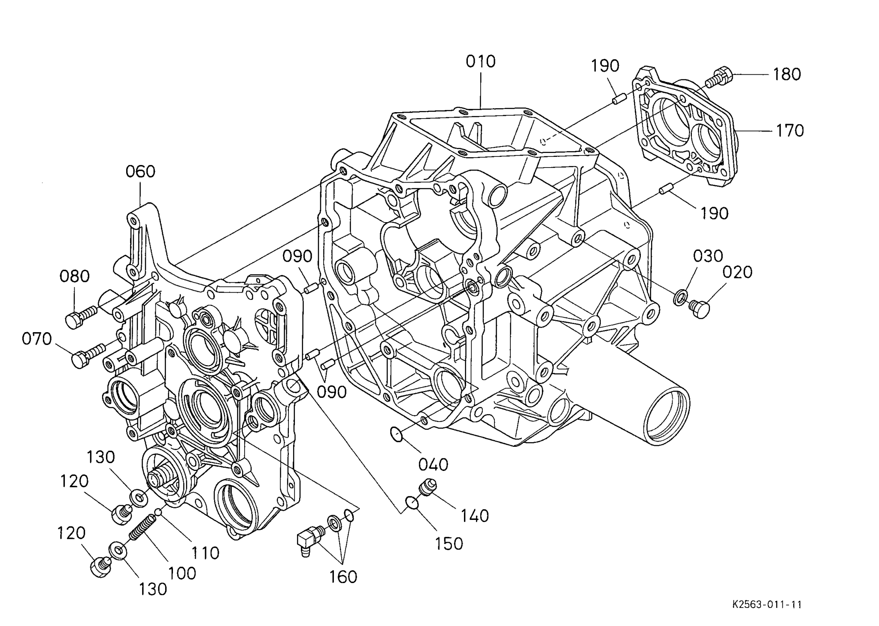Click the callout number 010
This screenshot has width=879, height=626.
click(x=481, y=62)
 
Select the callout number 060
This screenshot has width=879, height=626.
click(x=140, y=172)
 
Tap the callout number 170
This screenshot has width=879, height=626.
click(x=790, y=130)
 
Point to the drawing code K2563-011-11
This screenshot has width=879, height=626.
click(x=767, y=605)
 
